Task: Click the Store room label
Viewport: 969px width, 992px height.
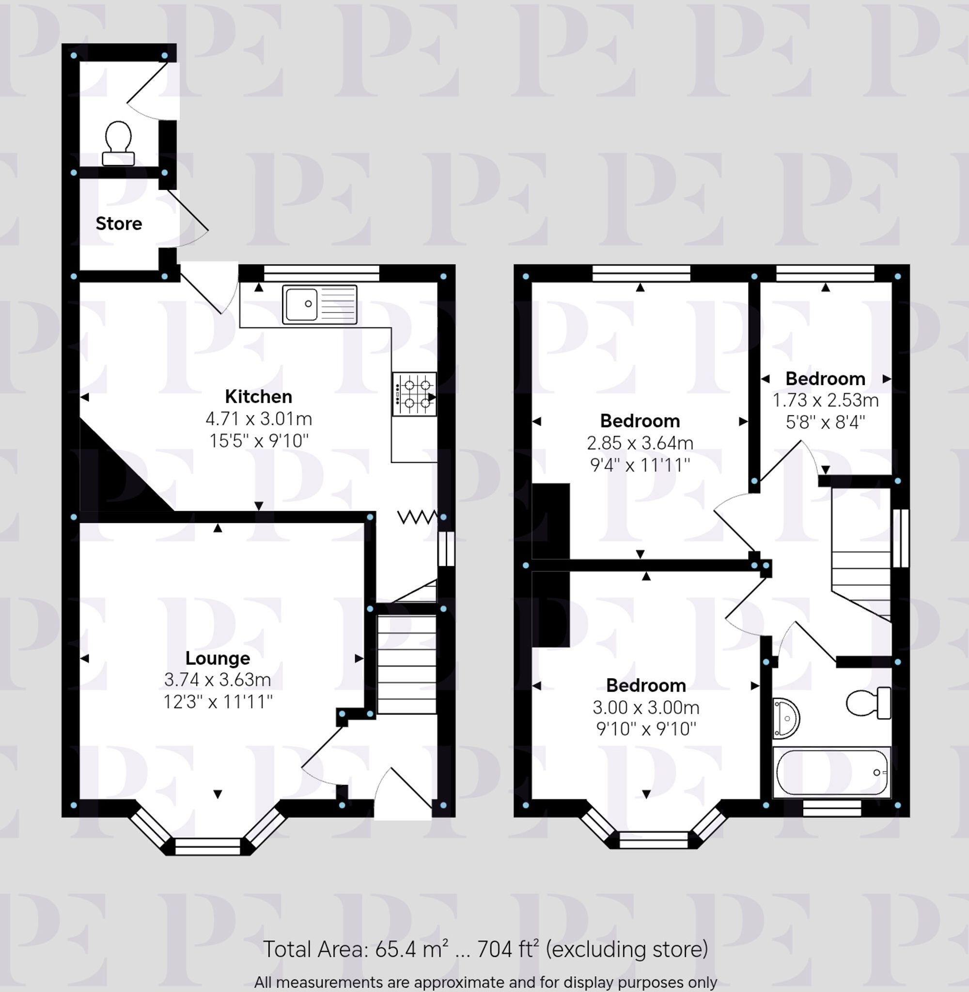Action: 119,224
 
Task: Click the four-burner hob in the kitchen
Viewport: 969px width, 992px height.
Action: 414,394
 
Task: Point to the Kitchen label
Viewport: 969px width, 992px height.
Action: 259,396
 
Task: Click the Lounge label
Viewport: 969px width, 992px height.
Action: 218,658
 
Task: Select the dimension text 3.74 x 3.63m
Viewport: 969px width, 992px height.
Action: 218,680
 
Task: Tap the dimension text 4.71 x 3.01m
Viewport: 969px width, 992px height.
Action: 259,418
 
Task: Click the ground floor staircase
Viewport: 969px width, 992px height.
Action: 406,664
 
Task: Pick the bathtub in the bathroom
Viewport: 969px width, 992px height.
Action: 831,772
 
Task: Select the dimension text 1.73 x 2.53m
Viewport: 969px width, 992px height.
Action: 826,401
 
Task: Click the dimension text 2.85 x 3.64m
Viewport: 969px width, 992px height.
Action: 640,443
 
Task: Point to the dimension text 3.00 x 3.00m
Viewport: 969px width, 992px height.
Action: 646,708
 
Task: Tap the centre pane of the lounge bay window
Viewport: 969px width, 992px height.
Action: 207,847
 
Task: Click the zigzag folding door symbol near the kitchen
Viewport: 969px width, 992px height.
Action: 416,518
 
